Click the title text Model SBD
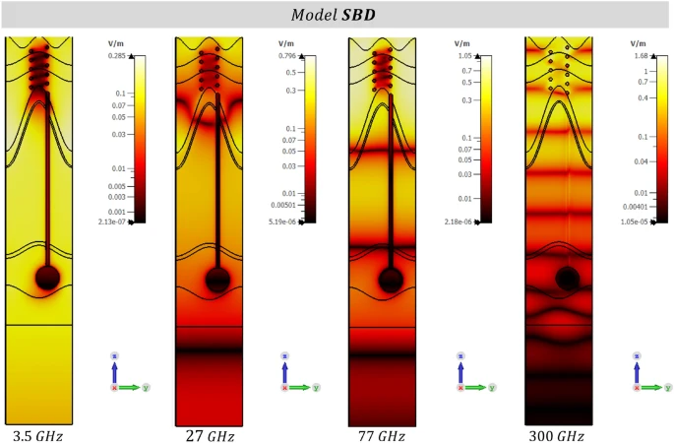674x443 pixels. [337, 16]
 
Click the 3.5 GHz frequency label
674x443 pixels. [37, 434]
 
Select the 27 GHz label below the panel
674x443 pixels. [210, 434]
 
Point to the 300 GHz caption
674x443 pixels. [557, 434]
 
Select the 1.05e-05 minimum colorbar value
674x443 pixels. [631, 222]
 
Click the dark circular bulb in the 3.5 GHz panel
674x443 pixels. [47, 278]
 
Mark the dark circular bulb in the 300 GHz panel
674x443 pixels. [567, 280]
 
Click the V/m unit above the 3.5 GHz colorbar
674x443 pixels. [115, 44]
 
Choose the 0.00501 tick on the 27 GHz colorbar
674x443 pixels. [285, 205]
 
